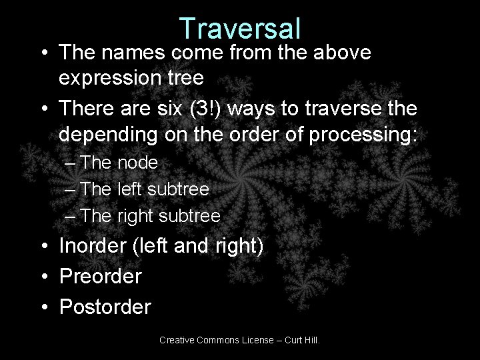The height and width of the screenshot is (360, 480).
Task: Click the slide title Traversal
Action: (x=240, y=28)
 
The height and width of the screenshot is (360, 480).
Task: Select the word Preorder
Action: (x=100, y=277)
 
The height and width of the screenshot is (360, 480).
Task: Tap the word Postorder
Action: (x=105, y=307)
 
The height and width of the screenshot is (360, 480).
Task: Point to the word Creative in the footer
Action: (x=177, y=341)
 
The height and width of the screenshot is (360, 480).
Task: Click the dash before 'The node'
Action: (x=70, y=163)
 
